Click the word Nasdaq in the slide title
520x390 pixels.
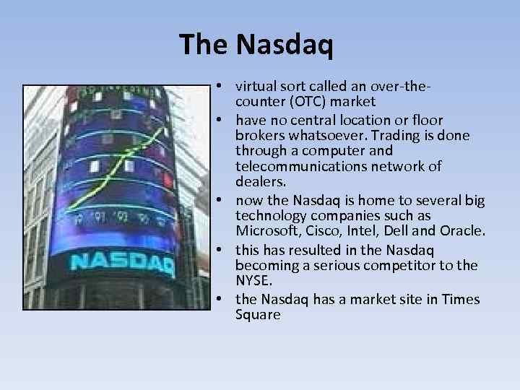(285, 45)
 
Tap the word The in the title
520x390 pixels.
(204, 45)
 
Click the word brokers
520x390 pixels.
(259, 135)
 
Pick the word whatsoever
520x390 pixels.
(324, 135)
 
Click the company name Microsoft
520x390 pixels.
(265, 230)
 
